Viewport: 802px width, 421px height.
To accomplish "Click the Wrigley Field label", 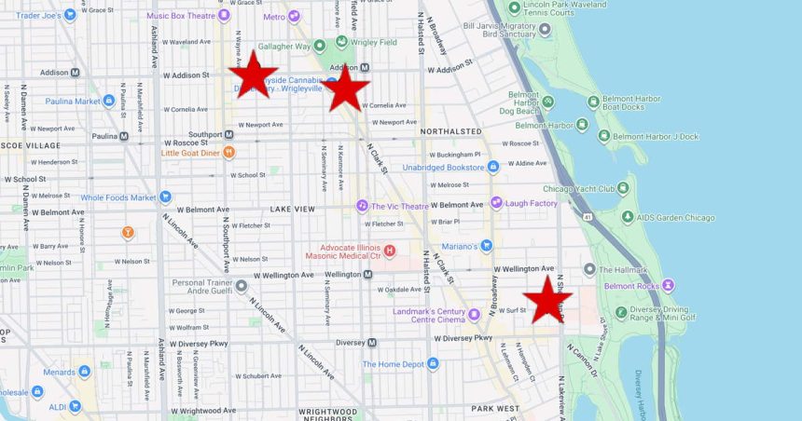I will pos(372,42).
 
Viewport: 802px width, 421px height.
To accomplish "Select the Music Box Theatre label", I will pos(182,15).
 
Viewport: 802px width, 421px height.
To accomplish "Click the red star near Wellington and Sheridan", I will pos(547,300).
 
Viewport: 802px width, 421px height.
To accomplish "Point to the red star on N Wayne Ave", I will pos(253,75).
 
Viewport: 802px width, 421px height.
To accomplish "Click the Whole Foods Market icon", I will pos(165,197).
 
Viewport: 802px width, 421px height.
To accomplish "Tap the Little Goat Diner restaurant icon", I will pos(229,153).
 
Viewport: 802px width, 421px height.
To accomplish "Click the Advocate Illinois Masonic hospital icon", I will pos(390,250).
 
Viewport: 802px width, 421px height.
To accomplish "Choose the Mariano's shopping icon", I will pos(486,246).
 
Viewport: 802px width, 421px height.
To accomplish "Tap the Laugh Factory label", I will pos(531,203).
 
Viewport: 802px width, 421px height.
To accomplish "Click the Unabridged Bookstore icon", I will pos(493,168).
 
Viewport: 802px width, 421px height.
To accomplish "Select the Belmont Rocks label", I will pos(634,286).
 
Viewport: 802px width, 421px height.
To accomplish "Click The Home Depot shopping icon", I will pos(433,364).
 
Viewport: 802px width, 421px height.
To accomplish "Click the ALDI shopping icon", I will pos(75,407).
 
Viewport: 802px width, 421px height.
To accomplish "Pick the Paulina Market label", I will pos(74,102).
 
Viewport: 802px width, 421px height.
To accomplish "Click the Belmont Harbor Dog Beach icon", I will pos(547,102).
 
